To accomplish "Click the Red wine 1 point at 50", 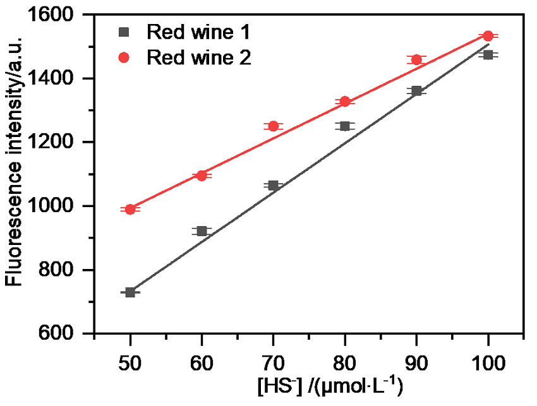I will pos(130,292).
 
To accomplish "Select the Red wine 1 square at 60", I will pos(202,231).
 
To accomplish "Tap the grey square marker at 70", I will pos(274,186).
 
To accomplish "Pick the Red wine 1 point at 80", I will pos(345,126).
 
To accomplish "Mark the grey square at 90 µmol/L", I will pos(416,91).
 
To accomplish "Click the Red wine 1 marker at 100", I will pos(488,55).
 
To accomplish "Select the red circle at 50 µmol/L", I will pos(130,209).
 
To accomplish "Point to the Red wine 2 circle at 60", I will pos(202,176).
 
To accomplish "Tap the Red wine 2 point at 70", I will pos(274,126).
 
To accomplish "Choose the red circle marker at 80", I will pos(345,101).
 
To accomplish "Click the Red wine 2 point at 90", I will pos(416,59).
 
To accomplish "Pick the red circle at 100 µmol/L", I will pos(488,36).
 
